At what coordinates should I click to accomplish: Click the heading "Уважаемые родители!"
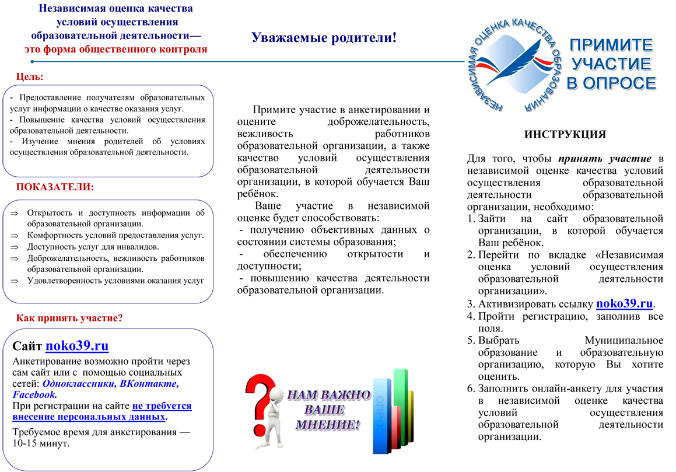click(x=324, y=37)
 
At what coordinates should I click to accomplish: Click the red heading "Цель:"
click(x=30, y=77)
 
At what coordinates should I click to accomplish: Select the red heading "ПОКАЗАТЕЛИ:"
click(x=55, y=187)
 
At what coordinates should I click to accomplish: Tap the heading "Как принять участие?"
click(x=69, y=318)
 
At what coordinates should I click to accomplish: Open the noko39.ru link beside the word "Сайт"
click(x=77, y=345)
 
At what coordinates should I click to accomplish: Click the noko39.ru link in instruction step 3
click(x=624, y=303)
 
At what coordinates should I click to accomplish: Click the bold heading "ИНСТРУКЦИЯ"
click(x=565, y=134)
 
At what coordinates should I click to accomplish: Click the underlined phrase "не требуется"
click(x=162, y=405)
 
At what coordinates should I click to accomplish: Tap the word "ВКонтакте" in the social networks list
click(x=148, y=383)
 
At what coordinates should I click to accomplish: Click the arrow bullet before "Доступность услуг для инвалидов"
click(x=14, y=247)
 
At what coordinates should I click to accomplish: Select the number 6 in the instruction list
click(x=470, y=389)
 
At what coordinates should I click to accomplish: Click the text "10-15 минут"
click(x=41, y=443)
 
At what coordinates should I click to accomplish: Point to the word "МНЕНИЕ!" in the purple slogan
click(x=328, y=425)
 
